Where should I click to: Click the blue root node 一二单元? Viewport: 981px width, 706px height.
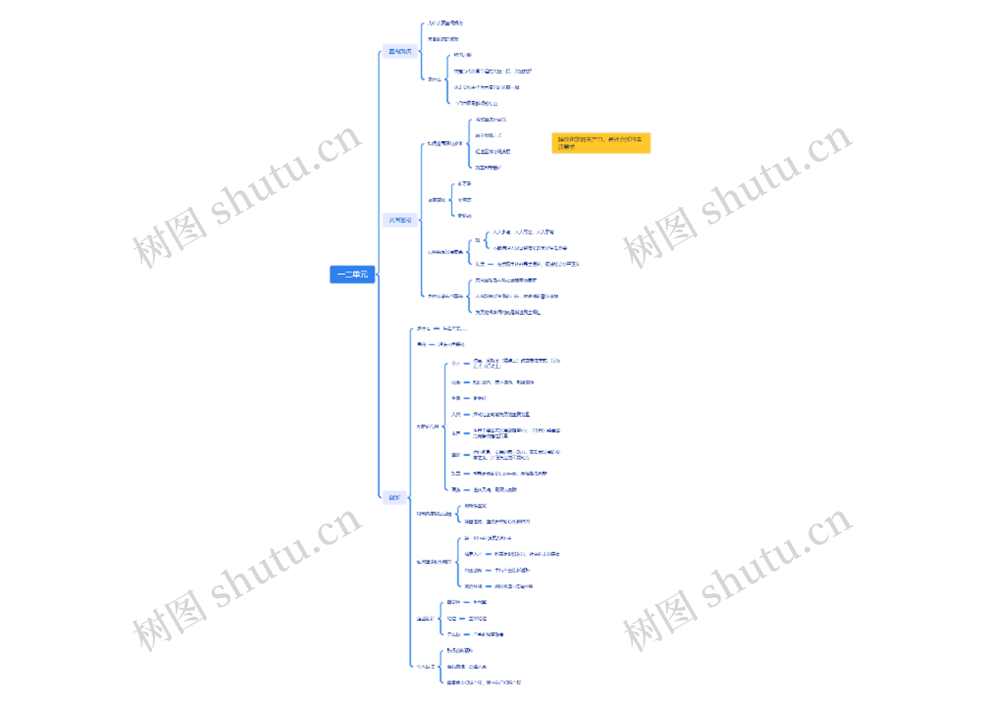(352, 275)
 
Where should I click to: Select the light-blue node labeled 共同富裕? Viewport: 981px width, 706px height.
(400, 220)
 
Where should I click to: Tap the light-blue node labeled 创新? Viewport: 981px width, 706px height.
(394, 498)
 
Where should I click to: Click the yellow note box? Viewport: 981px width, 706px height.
(601, 143)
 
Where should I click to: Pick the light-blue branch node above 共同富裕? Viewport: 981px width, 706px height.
(400, 51)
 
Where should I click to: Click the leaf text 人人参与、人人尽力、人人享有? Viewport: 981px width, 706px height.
(523, 232)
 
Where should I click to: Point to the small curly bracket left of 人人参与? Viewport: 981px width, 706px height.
(487, 240)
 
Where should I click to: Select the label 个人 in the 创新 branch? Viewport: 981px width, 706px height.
(455, 364)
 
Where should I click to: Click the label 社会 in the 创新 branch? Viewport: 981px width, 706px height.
(456, 382)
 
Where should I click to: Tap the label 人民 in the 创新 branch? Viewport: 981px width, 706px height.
(456, 414)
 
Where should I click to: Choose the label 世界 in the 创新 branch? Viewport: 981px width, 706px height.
(456, 433)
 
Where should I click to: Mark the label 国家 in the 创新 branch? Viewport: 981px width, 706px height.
(456, 455)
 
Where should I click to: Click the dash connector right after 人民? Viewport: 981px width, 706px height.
(466, 414)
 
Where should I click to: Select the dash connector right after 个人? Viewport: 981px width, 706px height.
(466, 364)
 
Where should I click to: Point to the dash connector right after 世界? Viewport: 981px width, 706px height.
(466, 433)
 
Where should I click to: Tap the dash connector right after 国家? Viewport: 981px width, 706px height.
(466, 455)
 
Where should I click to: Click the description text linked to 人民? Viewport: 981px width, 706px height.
(501, 414)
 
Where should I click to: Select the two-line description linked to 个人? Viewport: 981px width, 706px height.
(516, 364)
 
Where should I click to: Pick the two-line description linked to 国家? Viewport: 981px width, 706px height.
(516, 455)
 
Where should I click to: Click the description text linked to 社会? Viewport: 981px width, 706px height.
(503, 382)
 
